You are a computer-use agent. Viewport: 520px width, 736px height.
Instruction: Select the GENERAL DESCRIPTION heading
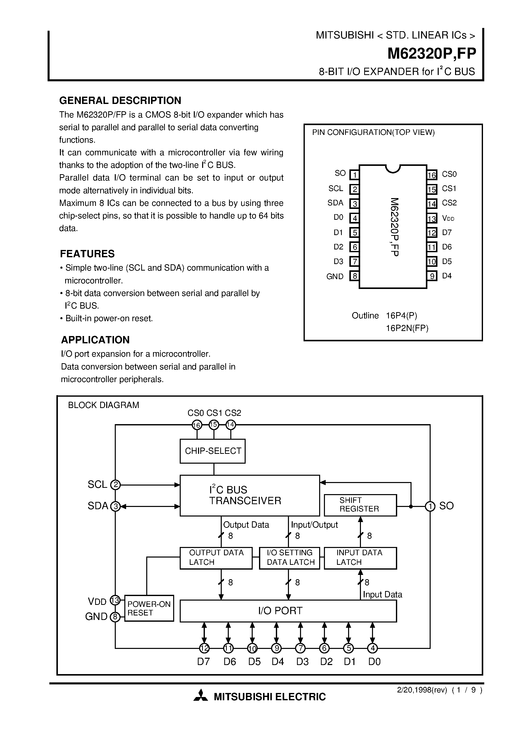(120, 101)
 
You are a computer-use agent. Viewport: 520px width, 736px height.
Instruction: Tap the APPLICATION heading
(95, 340)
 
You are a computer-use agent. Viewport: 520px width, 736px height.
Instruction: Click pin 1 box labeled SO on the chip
(354, 175)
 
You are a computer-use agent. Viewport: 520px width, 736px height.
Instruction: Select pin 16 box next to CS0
(431, 175)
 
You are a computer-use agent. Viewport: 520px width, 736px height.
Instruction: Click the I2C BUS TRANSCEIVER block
(249, 495)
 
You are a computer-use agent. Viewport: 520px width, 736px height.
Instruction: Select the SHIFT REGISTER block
(360, 505)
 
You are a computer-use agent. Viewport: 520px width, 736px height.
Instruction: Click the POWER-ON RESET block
(149, 608)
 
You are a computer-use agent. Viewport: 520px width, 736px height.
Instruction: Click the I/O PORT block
(288, 611)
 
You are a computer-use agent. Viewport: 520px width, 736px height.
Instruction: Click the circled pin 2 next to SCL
(116, 485)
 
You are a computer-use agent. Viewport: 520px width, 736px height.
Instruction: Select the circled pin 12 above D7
(204, 648)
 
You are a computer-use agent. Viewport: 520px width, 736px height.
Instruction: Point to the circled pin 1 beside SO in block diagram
(430, 506)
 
